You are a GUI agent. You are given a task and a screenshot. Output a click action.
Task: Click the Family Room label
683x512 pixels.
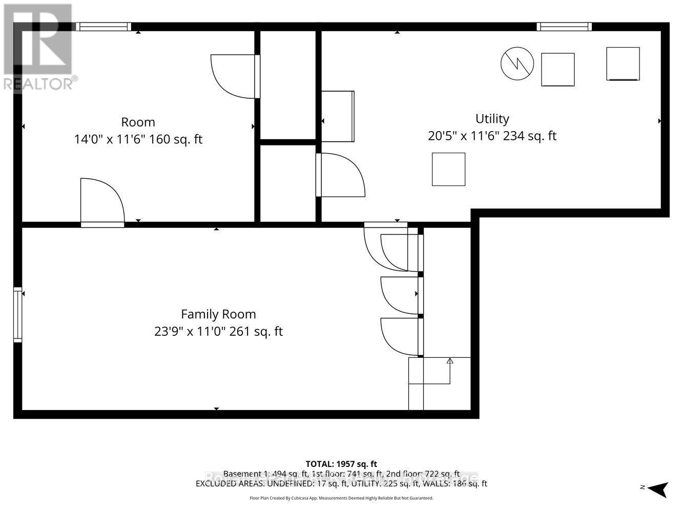click(218, 314)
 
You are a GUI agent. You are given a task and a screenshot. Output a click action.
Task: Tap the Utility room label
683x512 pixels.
click(492, 119)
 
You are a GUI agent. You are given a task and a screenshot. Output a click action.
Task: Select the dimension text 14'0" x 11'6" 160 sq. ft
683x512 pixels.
click(138, 139)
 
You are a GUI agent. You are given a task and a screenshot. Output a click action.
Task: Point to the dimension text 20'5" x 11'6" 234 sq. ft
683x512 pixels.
click(492, 136)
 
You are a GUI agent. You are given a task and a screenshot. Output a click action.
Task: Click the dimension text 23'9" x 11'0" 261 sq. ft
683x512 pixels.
click(218, 331)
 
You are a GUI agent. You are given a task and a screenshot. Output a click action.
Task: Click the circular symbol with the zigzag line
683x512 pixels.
click(517, 63)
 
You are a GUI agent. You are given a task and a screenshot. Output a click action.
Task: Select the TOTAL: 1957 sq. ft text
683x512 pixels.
click(341, 464)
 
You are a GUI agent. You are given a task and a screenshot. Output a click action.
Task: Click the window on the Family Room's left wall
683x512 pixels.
click(18, 315)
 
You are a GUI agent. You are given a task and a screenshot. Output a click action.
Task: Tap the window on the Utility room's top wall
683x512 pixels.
click(564, 27)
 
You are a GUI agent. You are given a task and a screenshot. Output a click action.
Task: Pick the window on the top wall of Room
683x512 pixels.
click(104, 27)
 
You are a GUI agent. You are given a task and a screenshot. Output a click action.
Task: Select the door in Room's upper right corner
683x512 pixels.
click(235, 76)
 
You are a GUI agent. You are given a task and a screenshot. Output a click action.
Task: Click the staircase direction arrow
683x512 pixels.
click(450, 361)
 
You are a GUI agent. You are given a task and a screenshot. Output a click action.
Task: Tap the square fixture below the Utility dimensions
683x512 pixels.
click(448, 169)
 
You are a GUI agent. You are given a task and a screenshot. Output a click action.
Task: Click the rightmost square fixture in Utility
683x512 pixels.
click(623, 63)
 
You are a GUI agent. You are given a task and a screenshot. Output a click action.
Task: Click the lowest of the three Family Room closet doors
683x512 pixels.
click(401, 337)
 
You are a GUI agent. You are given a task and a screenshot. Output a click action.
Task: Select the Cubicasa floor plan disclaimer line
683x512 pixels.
click(341, 498)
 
